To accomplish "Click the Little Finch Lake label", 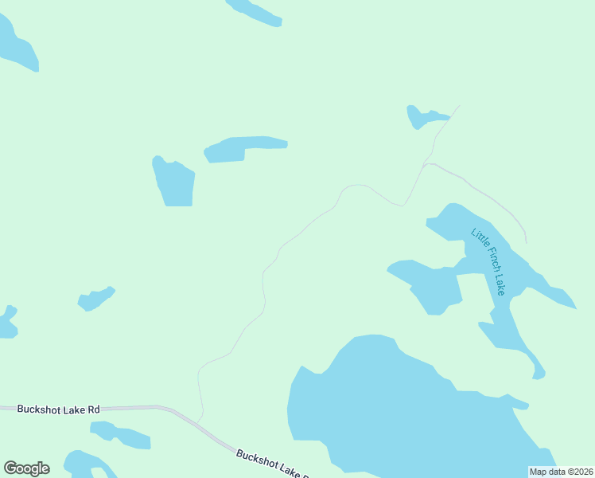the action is click(x=488, y=261).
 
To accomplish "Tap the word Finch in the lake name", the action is click(x=488, y=261).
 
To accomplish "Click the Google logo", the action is click(x=26, y=468).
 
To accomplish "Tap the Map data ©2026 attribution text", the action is click(x=561, y=472).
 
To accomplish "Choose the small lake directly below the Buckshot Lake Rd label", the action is click(x=119, y=435).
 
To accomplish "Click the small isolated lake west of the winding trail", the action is click(x=95, y=299).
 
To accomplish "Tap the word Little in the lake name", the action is click(x=478, y=237).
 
